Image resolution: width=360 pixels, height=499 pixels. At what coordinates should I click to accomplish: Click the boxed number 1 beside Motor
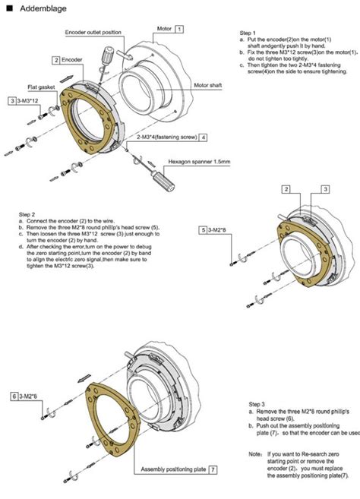[x=180, y=28]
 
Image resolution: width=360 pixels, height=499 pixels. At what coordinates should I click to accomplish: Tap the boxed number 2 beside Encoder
[x=56, y=58]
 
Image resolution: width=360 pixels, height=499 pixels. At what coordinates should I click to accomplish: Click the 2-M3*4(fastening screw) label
[x=167, y=137]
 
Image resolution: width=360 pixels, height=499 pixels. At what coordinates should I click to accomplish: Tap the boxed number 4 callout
[x=204, y=137]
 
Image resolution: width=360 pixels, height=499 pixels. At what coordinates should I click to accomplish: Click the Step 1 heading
[x=248, y=33]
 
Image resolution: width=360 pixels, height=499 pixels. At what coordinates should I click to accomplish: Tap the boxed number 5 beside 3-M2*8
[x=204, y=229]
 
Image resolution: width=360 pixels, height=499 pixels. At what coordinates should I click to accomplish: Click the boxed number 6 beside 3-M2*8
[x=14, y=396]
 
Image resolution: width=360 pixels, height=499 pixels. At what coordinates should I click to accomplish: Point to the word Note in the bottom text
[x=256, y=453]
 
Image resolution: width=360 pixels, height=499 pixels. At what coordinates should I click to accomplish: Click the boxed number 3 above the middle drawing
[x=324, y=188]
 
